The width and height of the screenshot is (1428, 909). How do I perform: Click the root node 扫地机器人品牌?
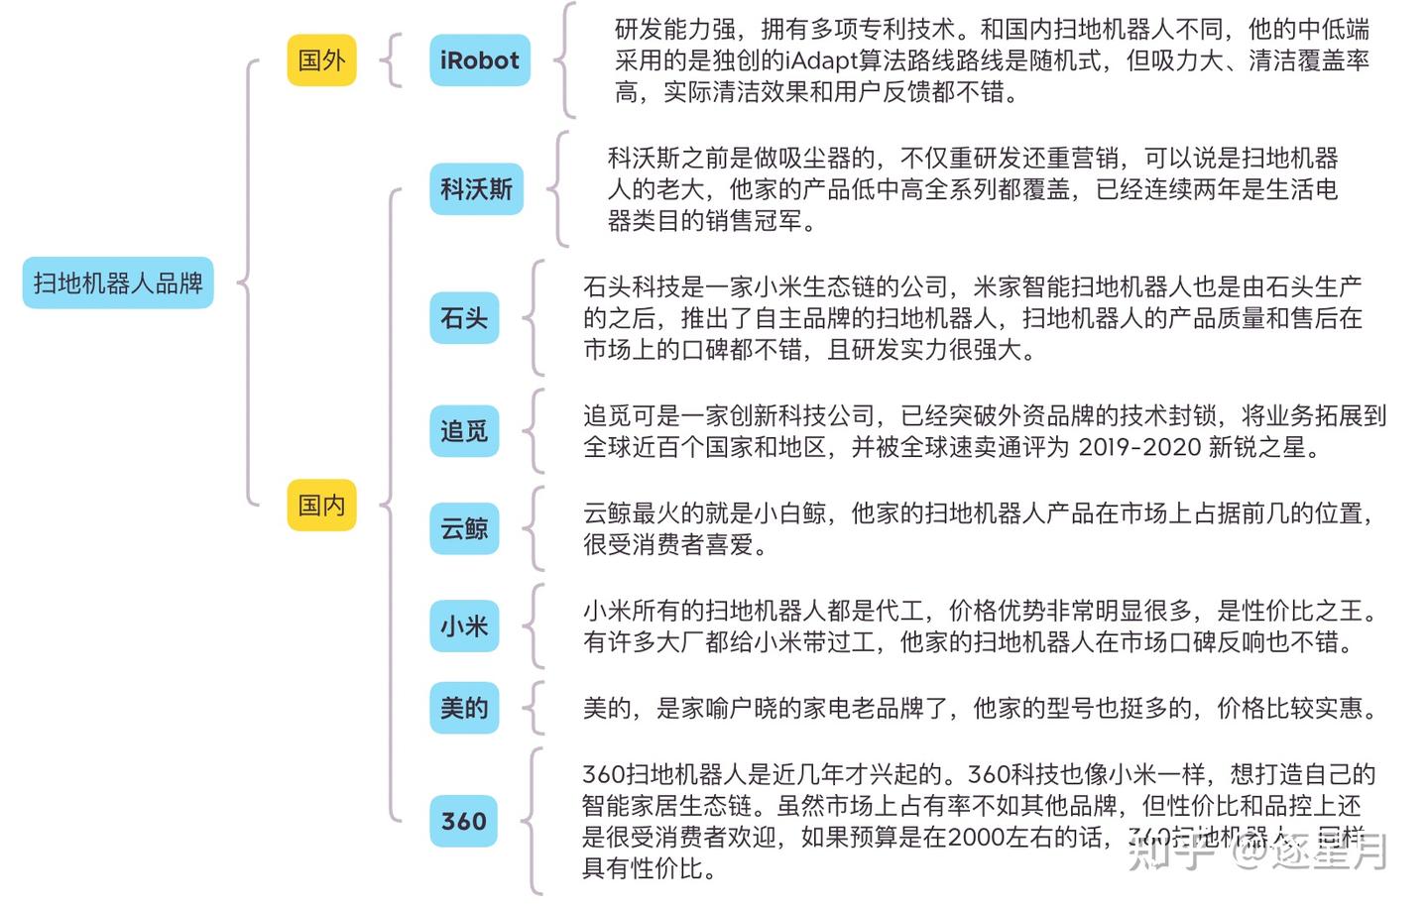[x=117, y=284]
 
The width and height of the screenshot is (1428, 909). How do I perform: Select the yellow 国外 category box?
[x=321, y=59]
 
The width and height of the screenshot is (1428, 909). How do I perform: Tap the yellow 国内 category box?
[x=321, y=505]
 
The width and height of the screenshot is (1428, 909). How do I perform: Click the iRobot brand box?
[x=479, y=59]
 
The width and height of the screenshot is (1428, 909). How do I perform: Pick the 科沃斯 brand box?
[x=476, y=188]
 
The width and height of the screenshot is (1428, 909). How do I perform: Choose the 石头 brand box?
[x=464, y=318]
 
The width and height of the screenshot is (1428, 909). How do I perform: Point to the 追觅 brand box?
[x=464, y=431]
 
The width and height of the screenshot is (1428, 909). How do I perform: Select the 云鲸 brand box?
[x=464, y=528]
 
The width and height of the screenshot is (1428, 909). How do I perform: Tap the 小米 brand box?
[x=464, y=625]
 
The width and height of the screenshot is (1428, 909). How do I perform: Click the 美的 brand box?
[x=464, y=708]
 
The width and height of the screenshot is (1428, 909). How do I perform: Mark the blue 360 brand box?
[x=464, y=821]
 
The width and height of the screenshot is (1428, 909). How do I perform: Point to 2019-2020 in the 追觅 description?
[x=1138, y=447]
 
